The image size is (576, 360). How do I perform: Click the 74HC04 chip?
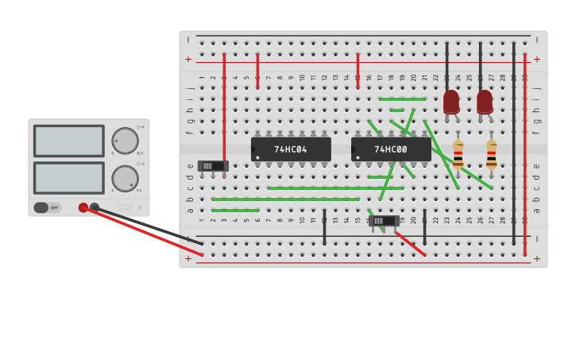click(291, 149)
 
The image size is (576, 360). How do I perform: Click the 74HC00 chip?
click(391, 149)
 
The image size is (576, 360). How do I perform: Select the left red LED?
click(451, 102)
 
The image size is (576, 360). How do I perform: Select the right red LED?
click(485, 102)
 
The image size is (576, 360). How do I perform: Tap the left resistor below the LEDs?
click(458, 154)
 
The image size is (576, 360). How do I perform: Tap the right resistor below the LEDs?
click(491, 154)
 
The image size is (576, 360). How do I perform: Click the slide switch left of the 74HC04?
click(213, 166)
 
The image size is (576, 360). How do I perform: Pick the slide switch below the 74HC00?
click(385, 221)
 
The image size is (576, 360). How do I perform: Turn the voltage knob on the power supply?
click(124, 141)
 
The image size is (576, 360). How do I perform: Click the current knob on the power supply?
click(124, 178)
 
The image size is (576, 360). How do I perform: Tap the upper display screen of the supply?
click(68, 141)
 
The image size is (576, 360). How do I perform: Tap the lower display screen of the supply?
click(68, 178)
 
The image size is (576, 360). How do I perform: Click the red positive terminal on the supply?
click(83, 207)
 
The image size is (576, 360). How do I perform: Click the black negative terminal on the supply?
click(95, 207)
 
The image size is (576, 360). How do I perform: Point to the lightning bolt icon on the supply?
click(140, 207)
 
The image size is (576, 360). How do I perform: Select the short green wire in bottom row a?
click(235, 210)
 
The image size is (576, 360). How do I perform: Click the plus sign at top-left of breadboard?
click(188, 59)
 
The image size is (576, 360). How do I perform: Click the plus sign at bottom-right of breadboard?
click(537, 258)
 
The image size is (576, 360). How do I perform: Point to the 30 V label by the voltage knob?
click(140, 153)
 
